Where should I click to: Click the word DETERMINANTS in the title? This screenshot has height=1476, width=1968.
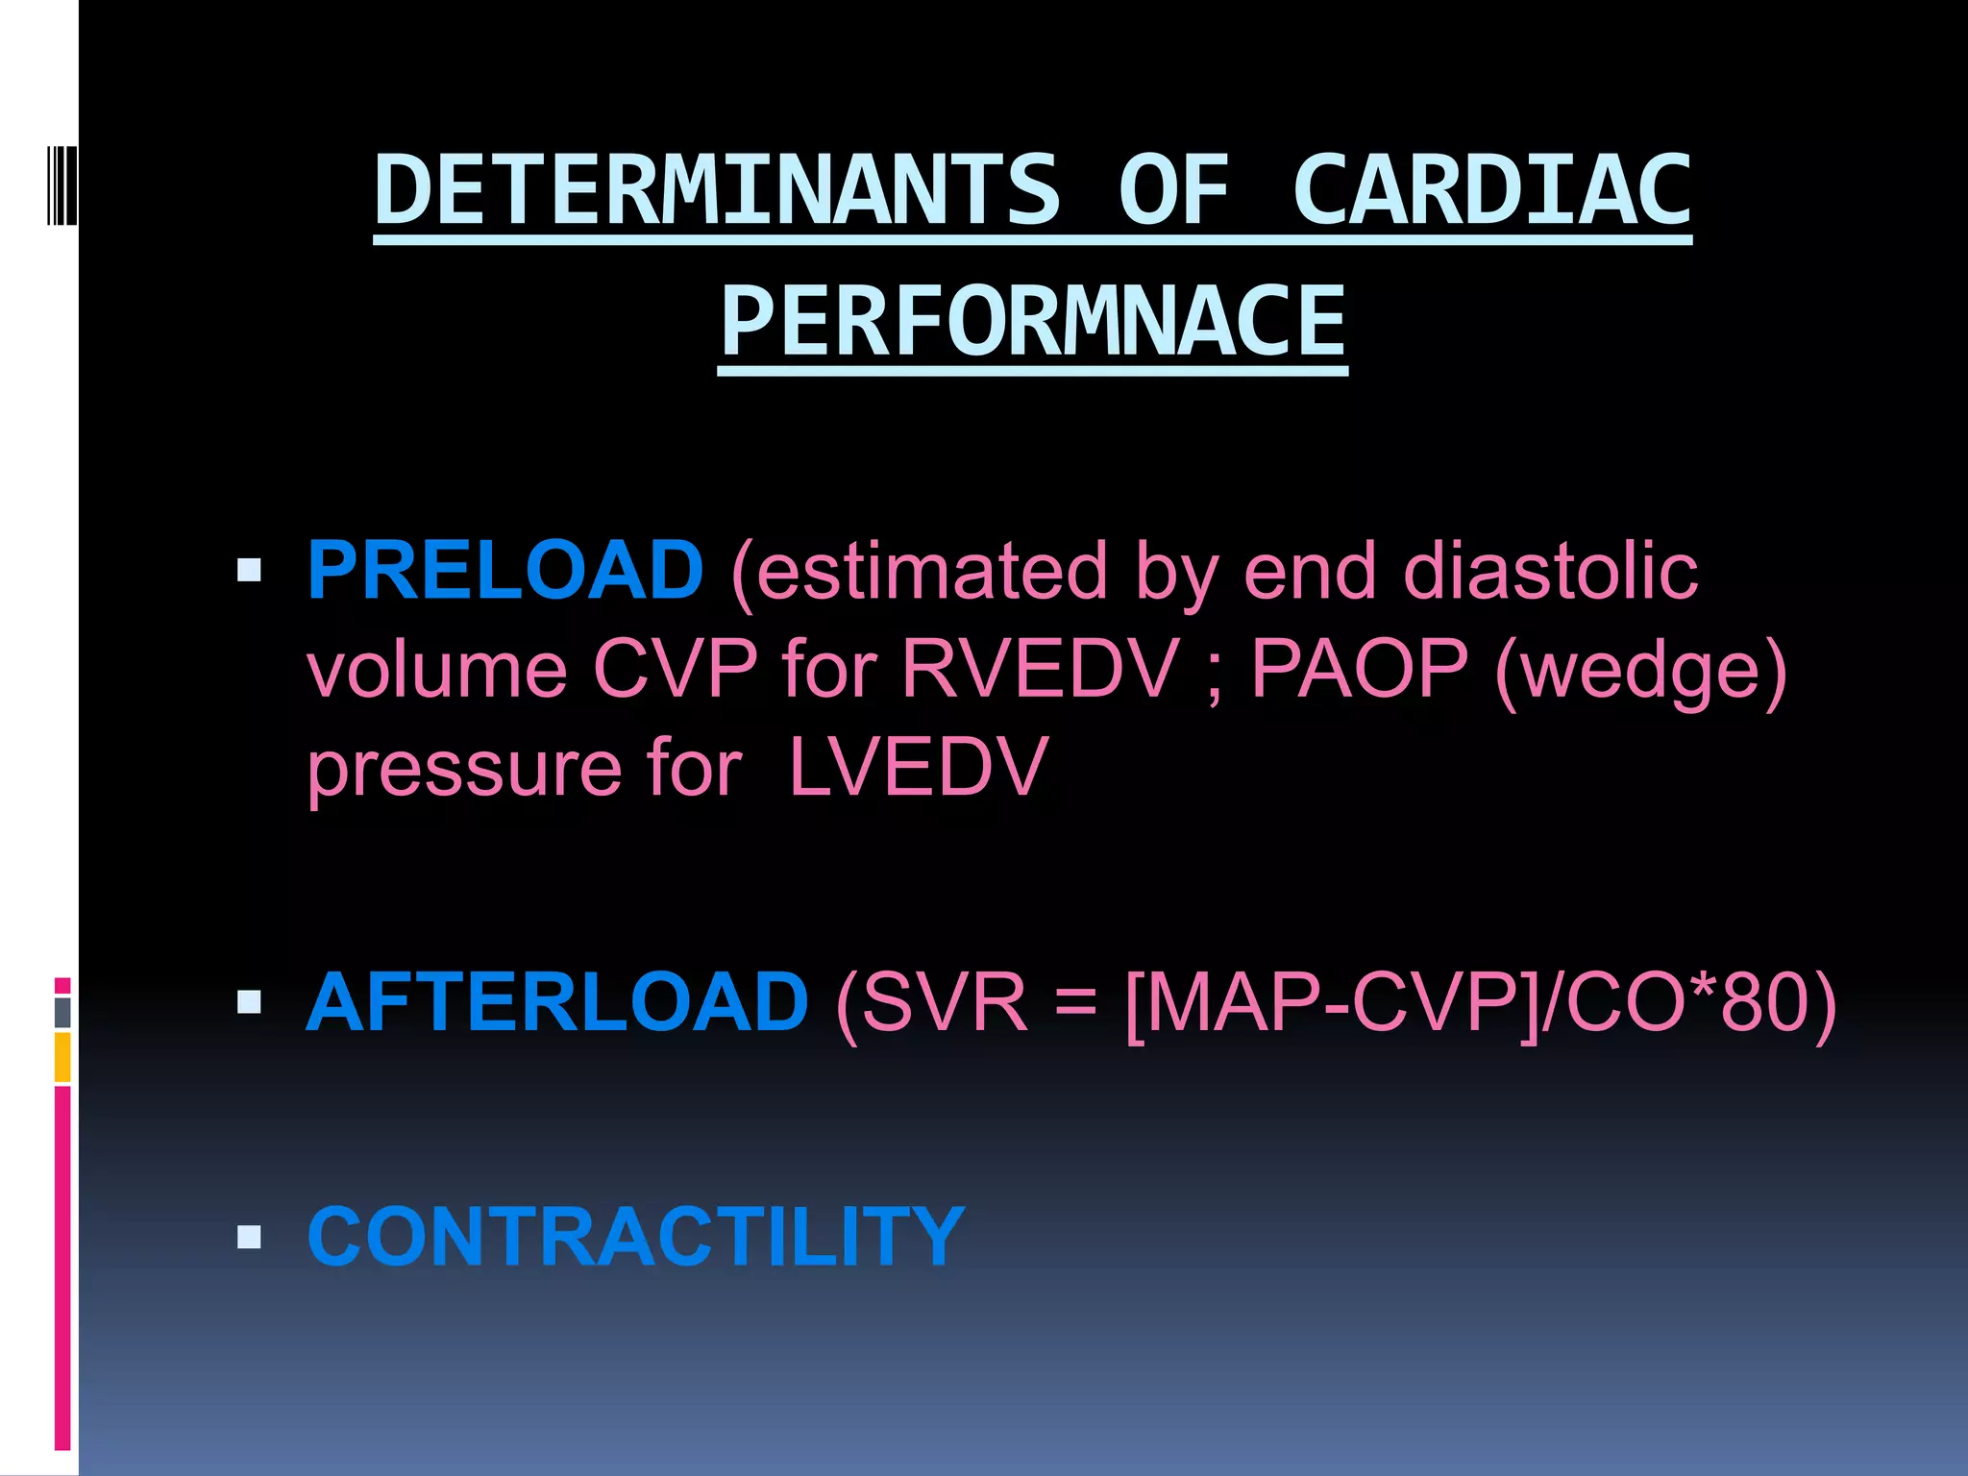tap(717, 190)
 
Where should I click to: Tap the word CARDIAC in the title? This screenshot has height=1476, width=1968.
tap(1491, 190)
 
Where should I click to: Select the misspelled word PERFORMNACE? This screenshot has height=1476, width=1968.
tap(1033, 321)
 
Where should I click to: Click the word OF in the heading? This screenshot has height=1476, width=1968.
tap(1174, 190)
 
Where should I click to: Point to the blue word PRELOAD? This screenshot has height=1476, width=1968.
tap(505, 571)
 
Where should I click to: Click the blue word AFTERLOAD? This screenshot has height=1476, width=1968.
tap(557, 1002)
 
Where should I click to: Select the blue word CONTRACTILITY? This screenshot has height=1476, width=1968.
tap(635, 1237)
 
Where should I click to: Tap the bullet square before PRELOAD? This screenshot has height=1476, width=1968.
tap(249, 572)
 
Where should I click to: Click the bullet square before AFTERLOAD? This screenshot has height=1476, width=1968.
tap(249, 1003)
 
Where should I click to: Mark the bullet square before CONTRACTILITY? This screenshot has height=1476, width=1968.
tap(249, 1237)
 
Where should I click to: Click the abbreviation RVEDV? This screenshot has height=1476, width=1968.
tap(1040, 669)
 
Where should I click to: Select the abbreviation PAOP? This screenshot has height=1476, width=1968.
tap(1359, 669)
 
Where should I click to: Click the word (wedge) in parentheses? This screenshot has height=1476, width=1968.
tap(1641, 671)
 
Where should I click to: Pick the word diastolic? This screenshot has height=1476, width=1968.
tap(1550, 571)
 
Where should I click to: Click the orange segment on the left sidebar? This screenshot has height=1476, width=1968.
tap(62, 1057)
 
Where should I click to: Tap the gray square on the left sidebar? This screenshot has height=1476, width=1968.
tap(62, 1012)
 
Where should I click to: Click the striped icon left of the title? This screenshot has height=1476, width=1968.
tap(61, 184)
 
